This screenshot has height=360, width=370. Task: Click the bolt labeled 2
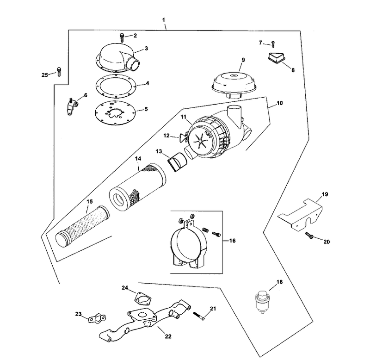[x=122, y=38]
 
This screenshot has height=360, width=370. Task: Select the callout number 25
[x=44, y=75]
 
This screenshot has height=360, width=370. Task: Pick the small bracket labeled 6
[x=71, y=107]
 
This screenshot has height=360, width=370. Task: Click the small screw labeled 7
[x=273, y=44]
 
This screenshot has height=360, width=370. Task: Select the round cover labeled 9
[x=234, y=86]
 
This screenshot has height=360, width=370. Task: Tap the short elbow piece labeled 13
[x=177, y=161]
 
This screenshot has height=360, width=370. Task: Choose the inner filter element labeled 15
[x=82, y=226]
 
